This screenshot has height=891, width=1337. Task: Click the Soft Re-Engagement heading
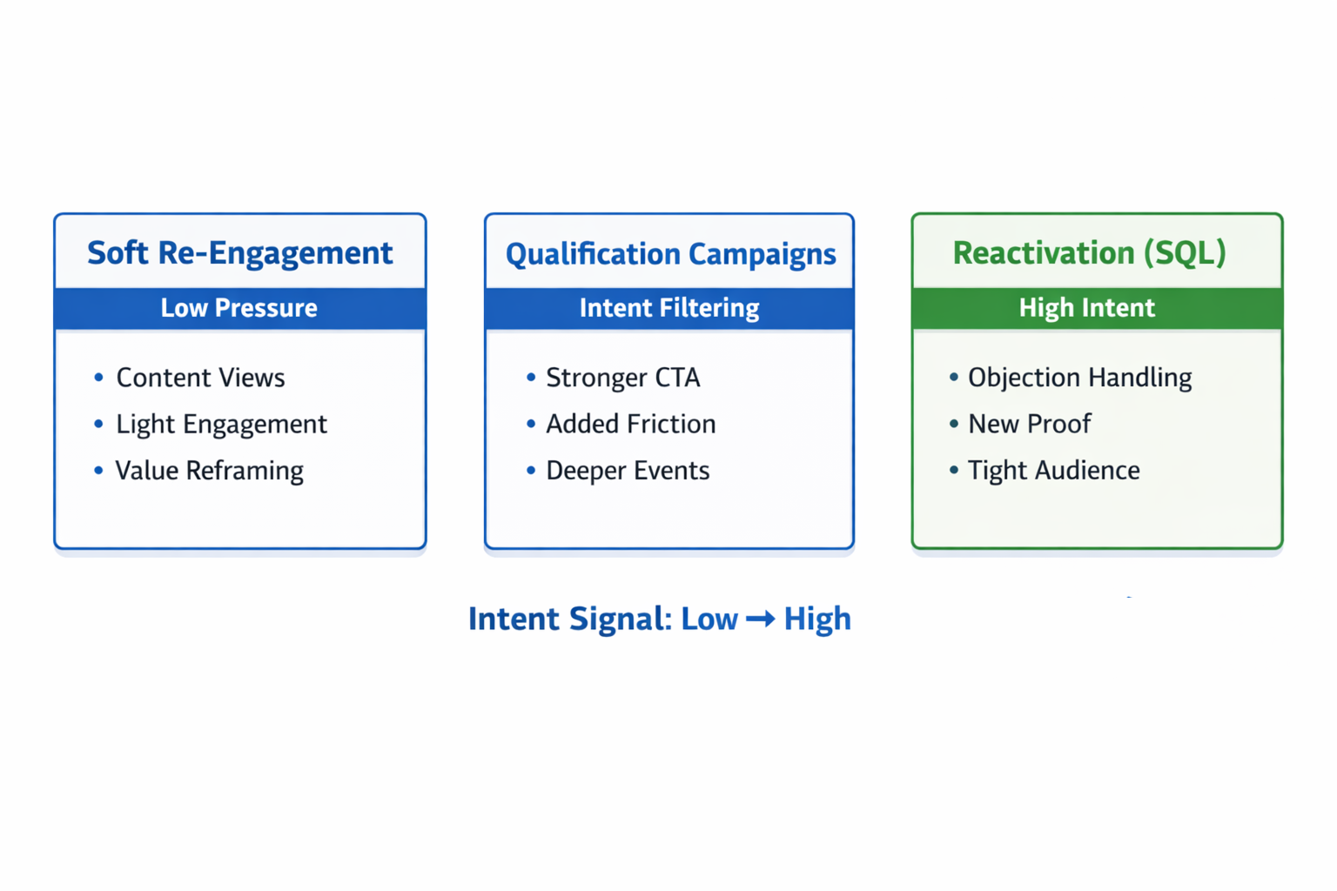pyautogui.click(x=239, y=253)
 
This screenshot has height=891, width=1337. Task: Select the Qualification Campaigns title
pyautogui.click(x=670, y=254)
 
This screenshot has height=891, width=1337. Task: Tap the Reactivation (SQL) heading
pyautogui.click(x=1089, y=253)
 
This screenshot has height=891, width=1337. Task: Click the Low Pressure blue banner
pyautogui.click(x=239, y=308)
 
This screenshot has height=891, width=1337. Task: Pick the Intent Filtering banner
pyautogui.click(x=669, y=308)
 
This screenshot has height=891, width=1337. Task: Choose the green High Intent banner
pyautogui.click(x=1087, y=308)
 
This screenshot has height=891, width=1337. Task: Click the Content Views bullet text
pyautogui.click(x=200, y=378)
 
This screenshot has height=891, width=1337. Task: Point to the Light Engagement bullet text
pyautogui.click(x=221, y=424)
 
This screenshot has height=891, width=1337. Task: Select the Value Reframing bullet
pyautogui.click(x=209, y=471)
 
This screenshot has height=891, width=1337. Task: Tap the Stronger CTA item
pyautogui.click(x=622, y=378)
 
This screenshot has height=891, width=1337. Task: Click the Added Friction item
pyautogui.click(x=630, y=424)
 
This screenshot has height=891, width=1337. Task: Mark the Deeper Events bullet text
pyautogui.click(x=627, y=471)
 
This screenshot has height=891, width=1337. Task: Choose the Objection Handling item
pyautogui.click(x=1079, y=378)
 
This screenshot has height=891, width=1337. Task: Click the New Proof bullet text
pyautogui.click(x=1029, y=424)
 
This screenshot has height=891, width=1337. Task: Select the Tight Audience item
pyautogui.click(x=1053, y=471)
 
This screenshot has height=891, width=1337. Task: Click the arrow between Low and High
pyautogui.click(x=760, y=619)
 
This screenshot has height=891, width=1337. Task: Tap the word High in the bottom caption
pyautogui.click(x=817, y=619)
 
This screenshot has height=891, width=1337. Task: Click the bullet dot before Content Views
pyautogui.click(x=98, y=378)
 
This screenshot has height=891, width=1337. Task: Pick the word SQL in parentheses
pyautogui.click(x=1184, y=253)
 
